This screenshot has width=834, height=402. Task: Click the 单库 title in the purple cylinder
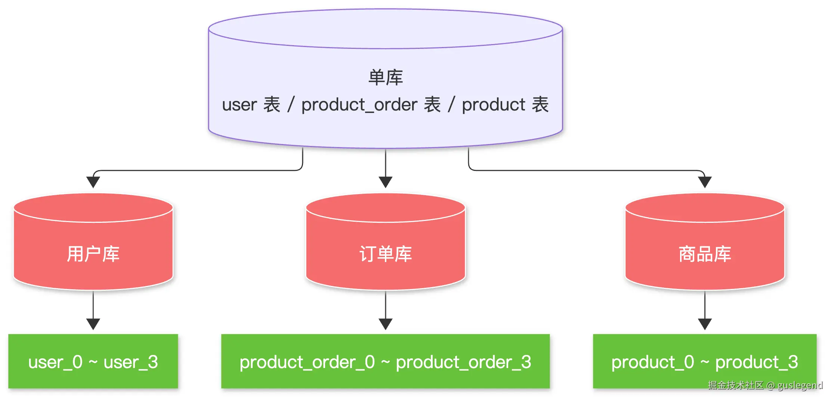386,78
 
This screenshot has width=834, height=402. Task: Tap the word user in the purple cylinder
240,105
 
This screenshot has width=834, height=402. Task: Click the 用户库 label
93,254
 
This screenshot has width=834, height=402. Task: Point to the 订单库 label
386,254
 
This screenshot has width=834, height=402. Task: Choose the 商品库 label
705,254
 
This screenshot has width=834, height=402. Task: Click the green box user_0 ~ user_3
93,361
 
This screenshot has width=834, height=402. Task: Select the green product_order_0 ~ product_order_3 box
385,361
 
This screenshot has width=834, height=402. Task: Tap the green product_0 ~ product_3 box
705,361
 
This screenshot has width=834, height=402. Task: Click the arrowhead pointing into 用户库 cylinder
93,182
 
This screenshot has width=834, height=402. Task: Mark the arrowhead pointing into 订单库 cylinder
386,182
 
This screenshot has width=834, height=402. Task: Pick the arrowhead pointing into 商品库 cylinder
705,182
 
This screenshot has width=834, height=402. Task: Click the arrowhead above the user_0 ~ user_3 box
93,324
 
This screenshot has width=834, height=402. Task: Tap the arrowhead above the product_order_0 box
386,324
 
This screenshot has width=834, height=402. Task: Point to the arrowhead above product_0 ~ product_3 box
705,324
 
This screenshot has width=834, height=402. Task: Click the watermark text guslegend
800,386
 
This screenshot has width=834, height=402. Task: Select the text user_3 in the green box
131,362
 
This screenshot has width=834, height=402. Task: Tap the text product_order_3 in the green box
463,362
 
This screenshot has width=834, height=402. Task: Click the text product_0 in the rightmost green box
653,362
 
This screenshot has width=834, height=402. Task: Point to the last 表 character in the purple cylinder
540,105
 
